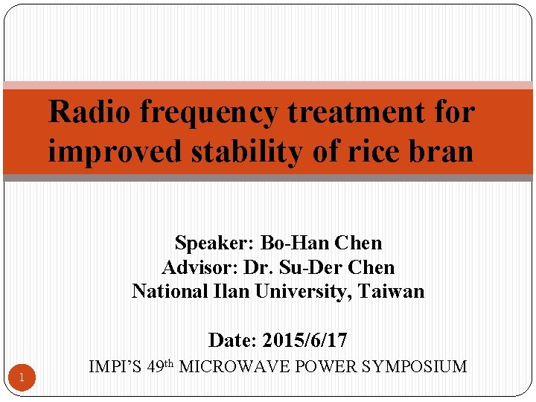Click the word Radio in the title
(x=90, y=113)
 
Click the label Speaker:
(x=214, y=243)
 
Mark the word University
(x=301, y=292)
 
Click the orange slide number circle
(x=22, y=377)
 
